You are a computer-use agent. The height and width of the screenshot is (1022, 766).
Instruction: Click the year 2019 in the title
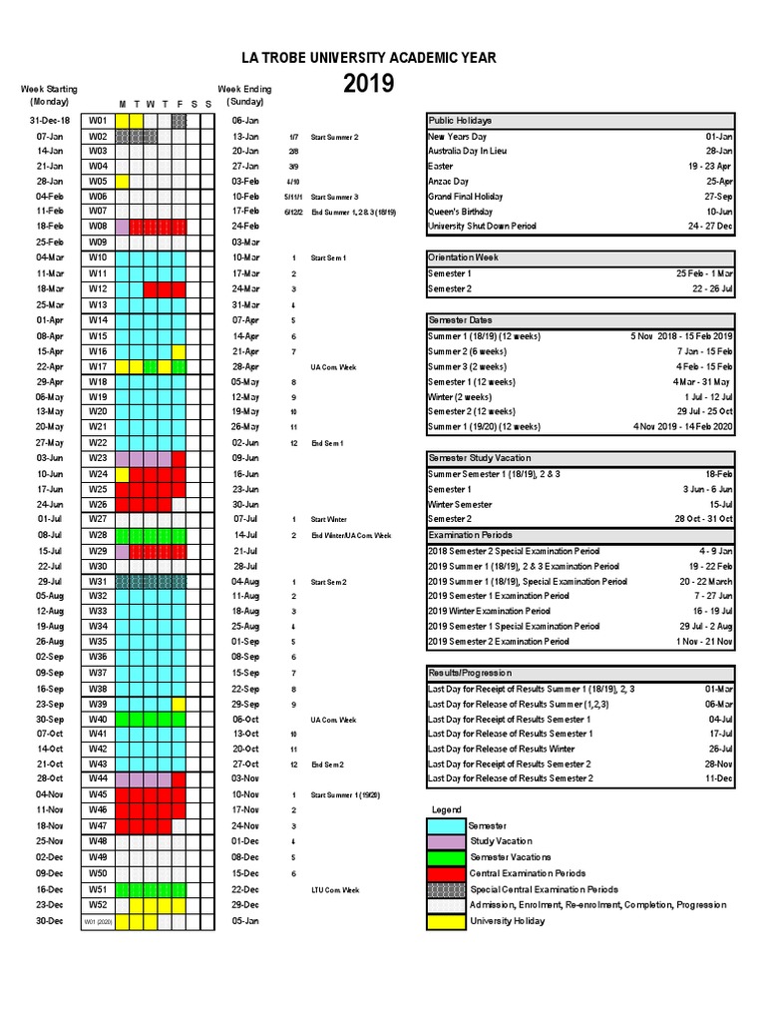(x=368, y=85)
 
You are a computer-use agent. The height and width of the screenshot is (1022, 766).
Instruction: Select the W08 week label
(x=98, y=227)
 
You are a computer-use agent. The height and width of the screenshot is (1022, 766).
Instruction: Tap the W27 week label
(x=98, y=519)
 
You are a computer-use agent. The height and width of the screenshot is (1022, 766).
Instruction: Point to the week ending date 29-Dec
(x=245, y=904)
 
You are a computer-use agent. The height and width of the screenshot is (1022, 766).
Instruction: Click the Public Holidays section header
(x=460, y=121)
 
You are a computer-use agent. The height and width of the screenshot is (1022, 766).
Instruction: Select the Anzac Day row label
(x=448, y=182)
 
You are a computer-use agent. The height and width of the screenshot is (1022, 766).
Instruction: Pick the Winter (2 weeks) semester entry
(x=460, y=396)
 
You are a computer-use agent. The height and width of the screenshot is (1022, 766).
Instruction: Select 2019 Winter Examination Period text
(x=489, y=611)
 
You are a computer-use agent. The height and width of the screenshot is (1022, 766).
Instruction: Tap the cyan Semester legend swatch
(x=446, y=826)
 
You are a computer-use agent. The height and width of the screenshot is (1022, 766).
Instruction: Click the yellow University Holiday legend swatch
(x=446, y=920)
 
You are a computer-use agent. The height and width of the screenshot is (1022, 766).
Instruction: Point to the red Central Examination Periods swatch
(x=446, y=873)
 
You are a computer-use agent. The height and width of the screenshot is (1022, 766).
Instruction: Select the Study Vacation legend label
(x=502, y=841)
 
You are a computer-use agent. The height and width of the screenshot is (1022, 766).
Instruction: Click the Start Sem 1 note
(x=328, y=257)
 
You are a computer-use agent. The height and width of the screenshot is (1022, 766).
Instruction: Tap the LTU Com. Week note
(x=334, y=889)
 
